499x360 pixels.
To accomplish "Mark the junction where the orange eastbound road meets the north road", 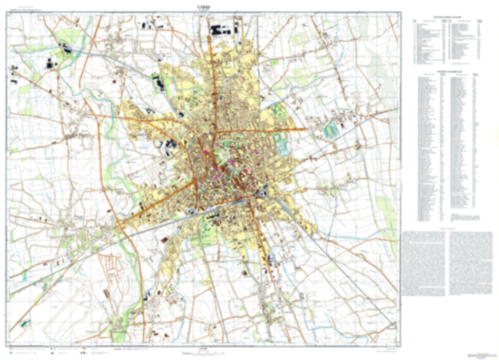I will pos(218,132).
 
